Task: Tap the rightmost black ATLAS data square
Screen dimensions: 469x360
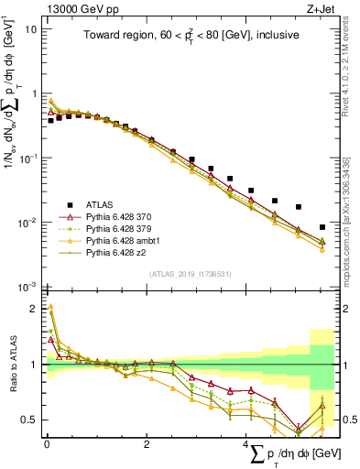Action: tap(322, 227)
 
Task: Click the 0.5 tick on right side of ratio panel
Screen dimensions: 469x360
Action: tap(345, 420)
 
